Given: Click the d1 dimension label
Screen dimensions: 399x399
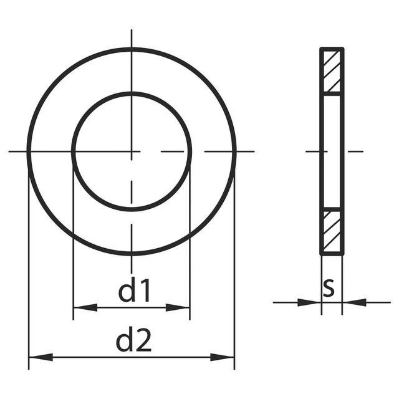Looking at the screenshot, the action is click(135, 290).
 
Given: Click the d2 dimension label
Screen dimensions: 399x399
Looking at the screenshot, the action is click(133, 340).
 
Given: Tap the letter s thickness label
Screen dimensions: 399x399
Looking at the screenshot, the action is click(329, 288).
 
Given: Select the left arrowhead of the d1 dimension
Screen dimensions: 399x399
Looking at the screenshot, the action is click(85, 307).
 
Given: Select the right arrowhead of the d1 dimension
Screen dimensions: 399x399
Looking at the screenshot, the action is click(177, 307).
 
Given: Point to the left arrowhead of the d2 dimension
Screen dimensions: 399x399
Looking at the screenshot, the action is click(41, 357).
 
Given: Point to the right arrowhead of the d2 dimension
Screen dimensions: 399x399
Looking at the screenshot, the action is click(222, 357).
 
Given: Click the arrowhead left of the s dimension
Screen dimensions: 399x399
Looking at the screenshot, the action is click(309, 302).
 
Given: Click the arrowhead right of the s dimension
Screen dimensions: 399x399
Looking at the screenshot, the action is click(355, 302).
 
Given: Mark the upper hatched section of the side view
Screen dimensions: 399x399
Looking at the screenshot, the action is click(332, 71).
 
